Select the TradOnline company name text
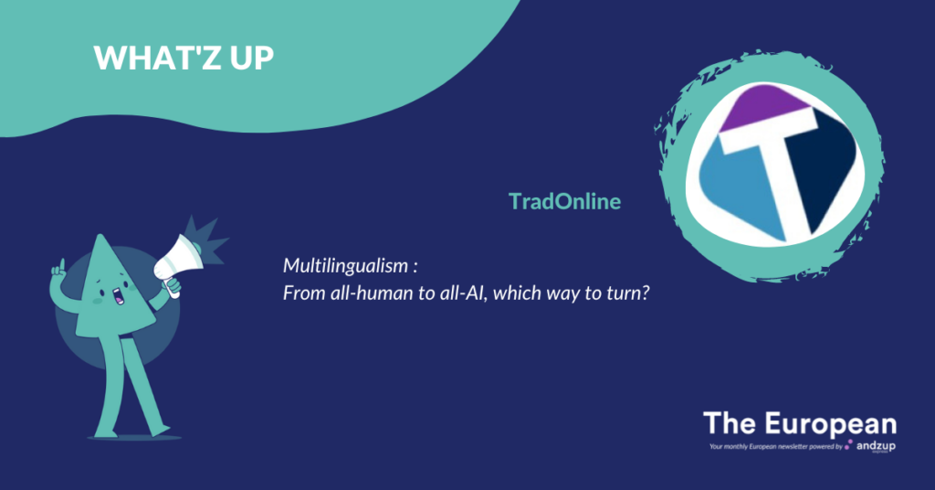[564, 201]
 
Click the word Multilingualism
[346, 266]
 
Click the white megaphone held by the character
[178, 262]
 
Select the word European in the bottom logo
[831, 425]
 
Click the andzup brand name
[876, 446]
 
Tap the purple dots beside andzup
[849, 444]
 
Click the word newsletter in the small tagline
[791, 446]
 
